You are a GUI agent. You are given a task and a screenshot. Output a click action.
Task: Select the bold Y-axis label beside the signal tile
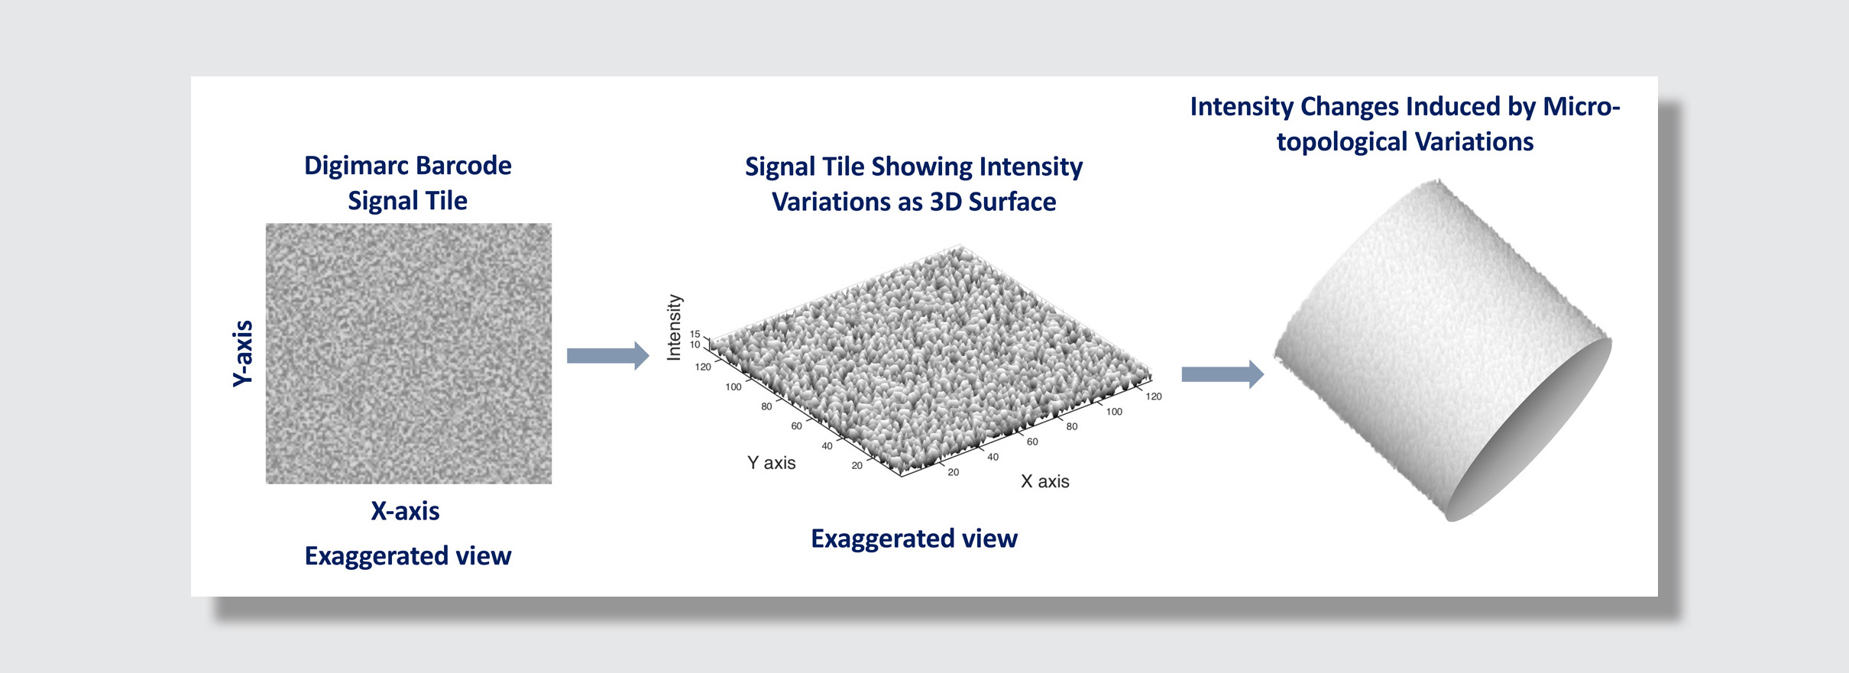coord(242,354)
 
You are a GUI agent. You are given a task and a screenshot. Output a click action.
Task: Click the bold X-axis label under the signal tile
coord(405,511)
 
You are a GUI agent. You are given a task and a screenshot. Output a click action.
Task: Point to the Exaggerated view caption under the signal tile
coord(408,556)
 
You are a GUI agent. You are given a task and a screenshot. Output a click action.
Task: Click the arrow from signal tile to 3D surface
coord(608,356)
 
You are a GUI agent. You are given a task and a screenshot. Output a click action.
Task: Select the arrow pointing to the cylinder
coord(1222,374)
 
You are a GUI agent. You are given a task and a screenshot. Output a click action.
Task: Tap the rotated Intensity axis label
coord(674,328)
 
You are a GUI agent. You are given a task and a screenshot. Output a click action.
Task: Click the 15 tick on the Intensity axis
coord(695,334)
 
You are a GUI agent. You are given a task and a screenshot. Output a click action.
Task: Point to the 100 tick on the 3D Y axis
coord(733,387)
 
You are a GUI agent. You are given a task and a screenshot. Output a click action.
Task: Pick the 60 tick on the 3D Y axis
coord(796,425)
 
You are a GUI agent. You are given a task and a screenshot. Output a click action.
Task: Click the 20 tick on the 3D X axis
coord(954,472)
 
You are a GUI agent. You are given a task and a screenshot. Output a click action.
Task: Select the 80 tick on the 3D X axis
coord(1072,426)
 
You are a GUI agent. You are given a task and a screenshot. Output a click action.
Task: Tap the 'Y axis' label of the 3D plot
coord(772,463)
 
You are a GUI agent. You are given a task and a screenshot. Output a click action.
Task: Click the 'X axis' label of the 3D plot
coord(1045,481)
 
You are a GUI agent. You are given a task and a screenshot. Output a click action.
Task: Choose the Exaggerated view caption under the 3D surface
coord(914,539)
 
